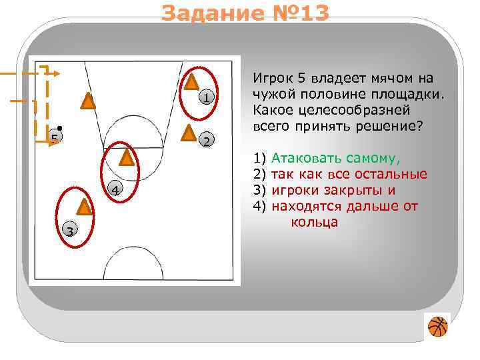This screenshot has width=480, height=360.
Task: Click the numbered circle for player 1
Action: pos(207,99)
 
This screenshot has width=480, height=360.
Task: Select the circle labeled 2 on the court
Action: pos(207,140)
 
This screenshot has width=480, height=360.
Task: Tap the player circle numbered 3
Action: pos(69,231)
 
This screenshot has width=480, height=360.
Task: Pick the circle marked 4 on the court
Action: pos(115,191)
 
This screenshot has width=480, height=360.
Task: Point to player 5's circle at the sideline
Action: pos(53,138)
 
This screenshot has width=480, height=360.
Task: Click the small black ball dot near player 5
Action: pos(60,127)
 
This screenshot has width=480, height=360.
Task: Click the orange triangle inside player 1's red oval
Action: pos(191,82)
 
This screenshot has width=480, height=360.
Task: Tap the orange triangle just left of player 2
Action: pos(189,133)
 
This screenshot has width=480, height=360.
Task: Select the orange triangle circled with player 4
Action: pos(127,157)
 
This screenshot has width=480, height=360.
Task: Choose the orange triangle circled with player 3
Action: pos(83,206)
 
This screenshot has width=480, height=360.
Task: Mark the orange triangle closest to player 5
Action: pos(87,101)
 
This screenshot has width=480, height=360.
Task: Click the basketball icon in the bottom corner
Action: pos(437,327)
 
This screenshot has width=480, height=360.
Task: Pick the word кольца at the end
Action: pos(314,221)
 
